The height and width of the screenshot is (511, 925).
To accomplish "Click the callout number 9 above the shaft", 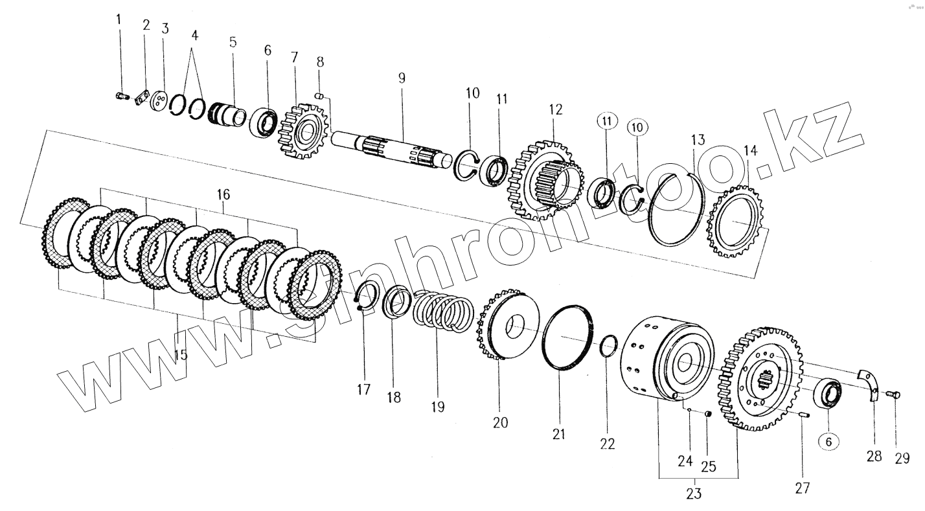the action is (402, 78).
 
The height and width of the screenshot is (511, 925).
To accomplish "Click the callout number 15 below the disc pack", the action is (181, 355).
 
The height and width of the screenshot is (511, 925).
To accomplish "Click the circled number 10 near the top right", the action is (636, 128).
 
